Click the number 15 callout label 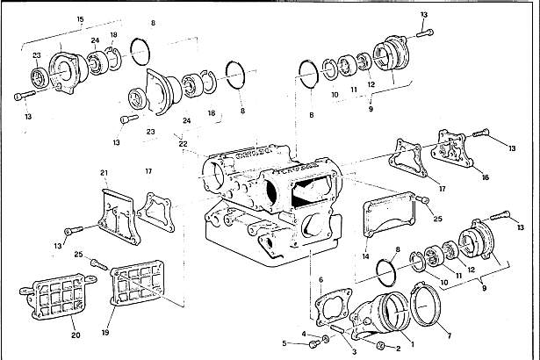[81, 18]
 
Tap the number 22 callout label [183, 143]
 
